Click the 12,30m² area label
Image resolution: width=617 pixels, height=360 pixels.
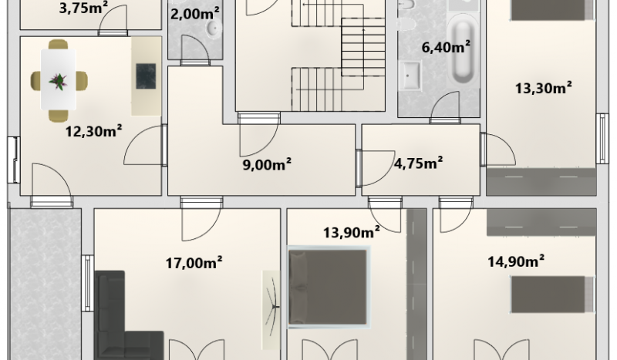(93, 130)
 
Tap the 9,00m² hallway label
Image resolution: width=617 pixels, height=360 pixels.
(267, 164)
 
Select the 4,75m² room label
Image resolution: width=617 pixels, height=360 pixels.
(418, 162)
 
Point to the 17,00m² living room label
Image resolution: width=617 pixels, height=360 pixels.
(194, 262)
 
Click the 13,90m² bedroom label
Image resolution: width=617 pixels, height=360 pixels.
(352, 232)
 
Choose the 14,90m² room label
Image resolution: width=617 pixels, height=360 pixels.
(516, 261)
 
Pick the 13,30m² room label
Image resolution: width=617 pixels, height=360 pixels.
(544, 88)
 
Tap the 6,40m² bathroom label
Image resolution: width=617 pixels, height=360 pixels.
(446, 47)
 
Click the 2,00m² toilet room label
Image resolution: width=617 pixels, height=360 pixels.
(195, 14)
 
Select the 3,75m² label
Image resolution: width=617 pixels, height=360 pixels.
(84, 8)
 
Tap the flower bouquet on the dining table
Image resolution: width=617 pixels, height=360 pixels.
(59, 81)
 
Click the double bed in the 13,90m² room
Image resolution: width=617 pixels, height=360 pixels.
(329, 287)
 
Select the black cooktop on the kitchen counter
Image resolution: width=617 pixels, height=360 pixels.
(146, 76)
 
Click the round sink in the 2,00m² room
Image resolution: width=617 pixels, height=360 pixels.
(214, 29)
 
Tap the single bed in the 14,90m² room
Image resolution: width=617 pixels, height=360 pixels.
(552, 294)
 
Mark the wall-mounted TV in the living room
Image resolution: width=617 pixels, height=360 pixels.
(271, 310)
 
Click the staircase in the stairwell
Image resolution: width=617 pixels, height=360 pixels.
(338, 55)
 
